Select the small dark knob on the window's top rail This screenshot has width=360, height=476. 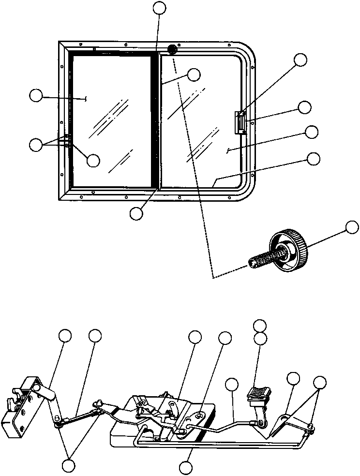[172, 49]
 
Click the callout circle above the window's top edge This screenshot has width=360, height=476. [159, 8]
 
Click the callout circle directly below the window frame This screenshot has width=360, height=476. [137, 213]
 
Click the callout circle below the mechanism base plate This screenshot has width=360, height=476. [186, 467]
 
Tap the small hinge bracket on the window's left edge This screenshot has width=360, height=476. [67, 140]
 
